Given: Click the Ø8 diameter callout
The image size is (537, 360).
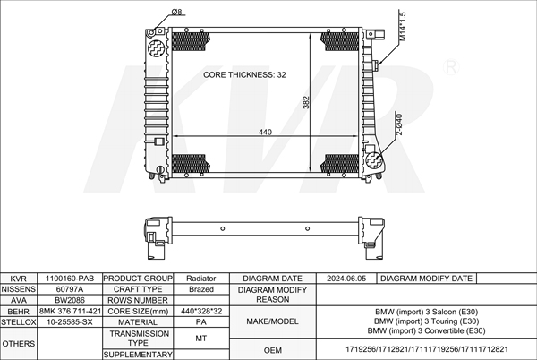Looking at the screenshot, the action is [x=177, y=12].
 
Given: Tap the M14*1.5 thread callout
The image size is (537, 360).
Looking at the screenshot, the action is [x=403, y=27].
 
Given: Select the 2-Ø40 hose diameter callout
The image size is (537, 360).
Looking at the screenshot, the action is [x=399, y=124].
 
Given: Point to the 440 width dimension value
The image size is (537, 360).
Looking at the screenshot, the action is [x=265, y=132].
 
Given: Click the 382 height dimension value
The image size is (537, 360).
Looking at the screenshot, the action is [x=306, y=102].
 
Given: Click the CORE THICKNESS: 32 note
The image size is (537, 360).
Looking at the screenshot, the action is [x=244, y=74].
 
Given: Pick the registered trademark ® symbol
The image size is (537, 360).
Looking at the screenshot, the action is [x=451, y=67].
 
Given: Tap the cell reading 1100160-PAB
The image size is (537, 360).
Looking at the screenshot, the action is [x=70, y=279].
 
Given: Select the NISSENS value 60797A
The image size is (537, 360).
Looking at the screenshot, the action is [x=70, y=289].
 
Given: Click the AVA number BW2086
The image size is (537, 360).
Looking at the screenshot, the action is [x=70, y=300].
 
